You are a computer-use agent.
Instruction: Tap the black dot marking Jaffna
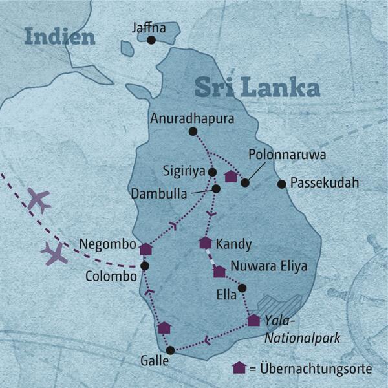click(151, 40)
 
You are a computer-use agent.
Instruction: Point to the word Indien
click(60, 37)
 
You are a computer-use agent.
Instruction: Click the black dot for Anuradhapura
click(192, 132)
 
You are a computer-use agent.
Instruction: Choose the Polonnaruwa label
click(287, 156)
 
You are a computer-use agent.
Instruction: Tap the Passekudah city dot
click(281, 184)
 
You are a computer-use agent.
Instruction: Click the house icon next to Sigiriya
click(230, 176)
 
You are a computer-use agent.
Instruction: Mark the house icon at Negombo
click(145, 248)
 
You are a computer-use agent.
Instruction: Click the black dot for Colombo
click(145, 266)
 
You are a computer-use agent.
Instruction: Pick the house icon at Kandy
click(206, 243)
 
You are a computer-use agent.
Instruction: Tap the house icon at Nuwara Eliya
click(220, 271)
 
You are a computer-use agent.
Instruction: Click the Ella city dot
click(242, 288)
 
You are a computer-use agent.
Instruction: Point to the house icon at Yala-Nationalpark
click(254, 319)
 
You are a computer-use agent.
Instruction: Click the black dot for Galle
click(170, 350)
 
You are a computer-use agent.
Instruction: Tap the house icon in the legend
click(239, 368)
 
